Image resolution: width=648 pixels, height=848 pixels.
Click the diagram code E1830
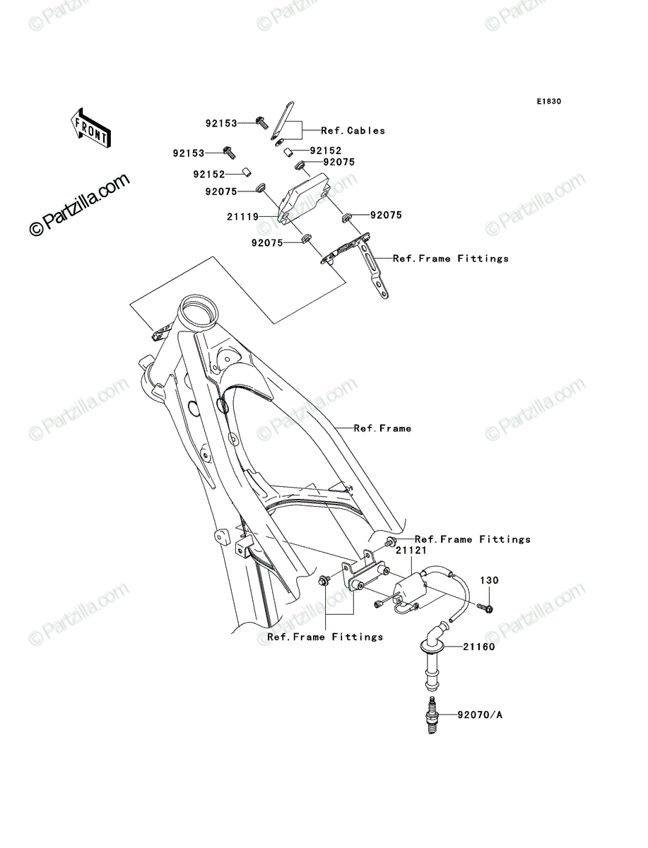[549, 102]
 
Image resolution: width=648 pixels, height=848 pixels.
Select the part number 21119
[242, 217]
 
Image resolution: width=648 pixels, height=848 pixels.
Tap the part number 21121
[411, 550]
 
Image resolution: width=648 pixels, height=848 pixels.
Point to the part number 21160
[479, 647]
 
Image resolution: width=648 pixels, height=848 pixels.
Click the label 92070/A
[480, 715]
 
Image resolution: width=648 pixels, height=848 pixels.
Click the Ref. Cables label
[353, 131]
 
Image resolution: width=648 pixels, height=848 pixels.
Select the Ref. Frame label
[382, 428]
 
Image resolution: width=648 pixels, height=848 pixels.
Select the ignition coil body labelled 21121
[410, 591]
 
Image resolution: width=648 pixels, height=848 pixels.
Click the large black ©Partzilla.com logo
[79, 204]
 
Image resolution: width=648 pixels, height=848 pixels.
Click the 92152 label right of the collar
[326, 151]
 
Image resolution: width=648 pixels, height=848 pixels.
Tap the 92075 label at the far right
[386, 216]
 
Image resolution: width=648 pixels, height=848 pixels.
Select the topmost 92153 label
[221, 124]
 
